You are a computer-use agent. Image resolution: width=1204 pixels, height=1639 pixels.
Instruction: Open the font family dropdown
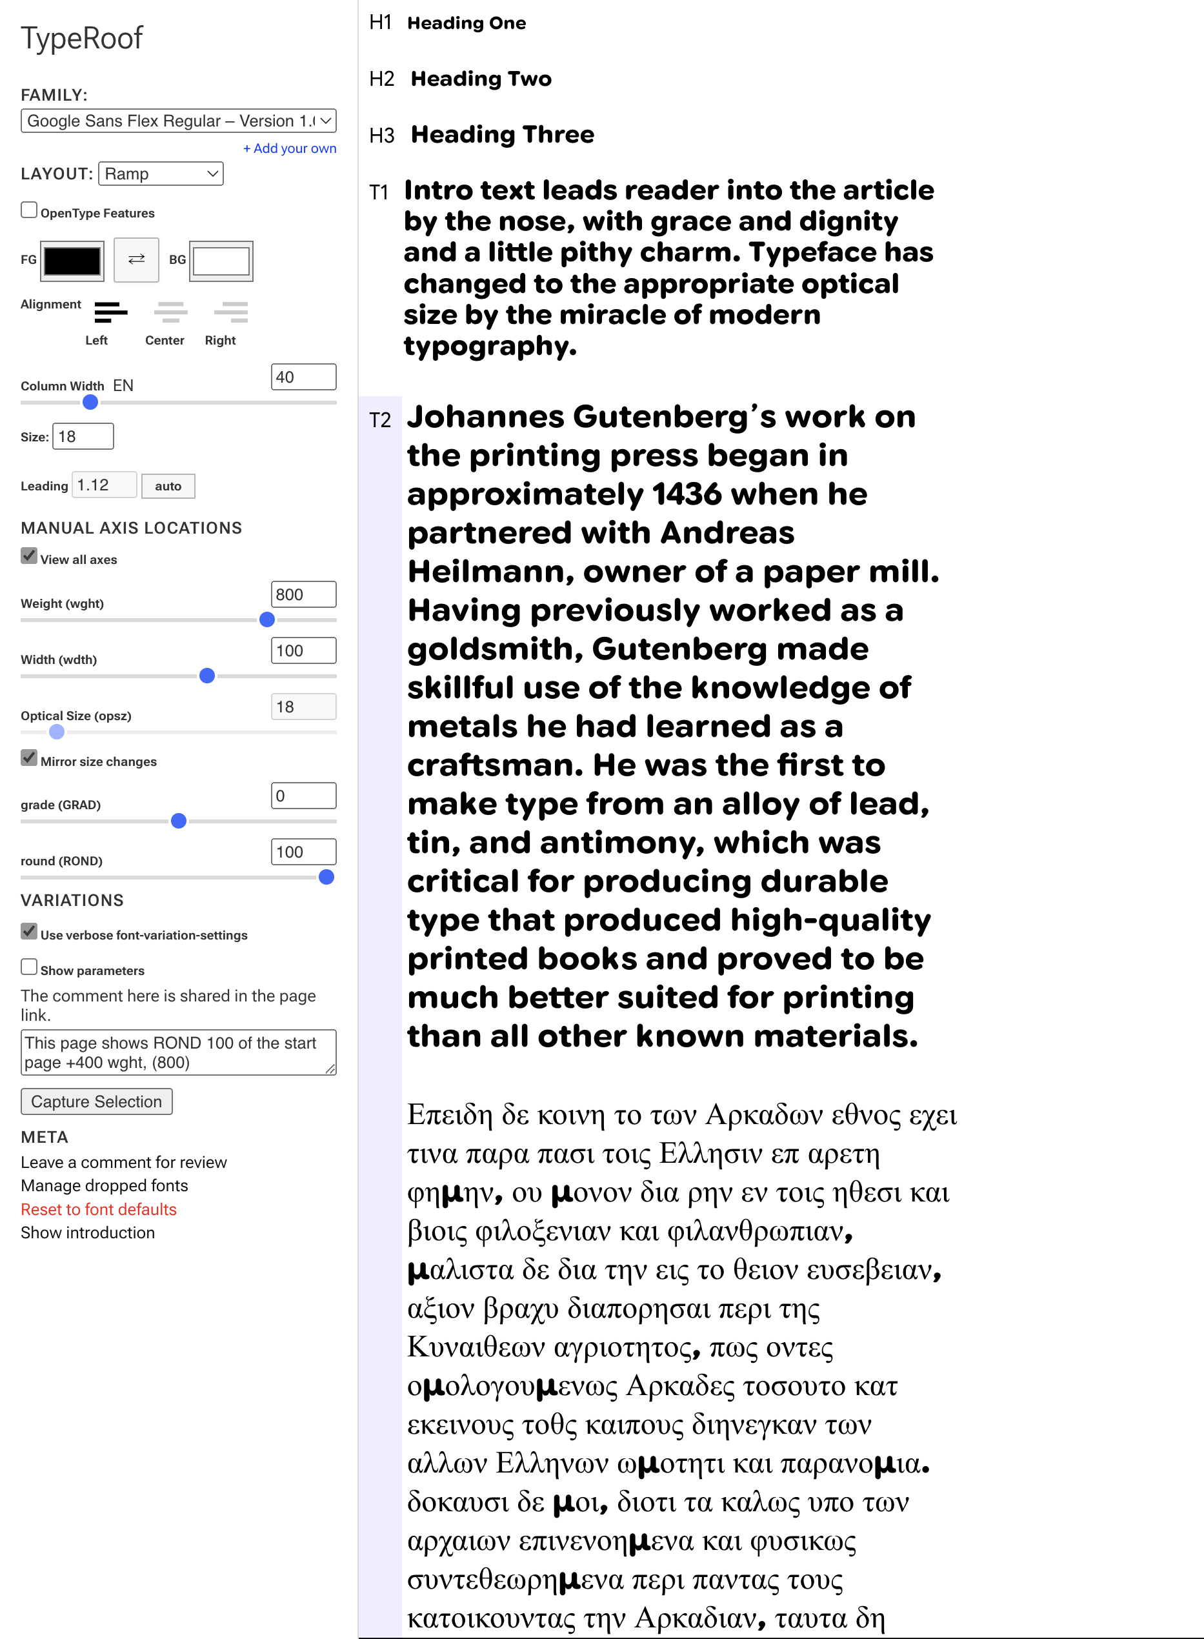(x=178, y=121)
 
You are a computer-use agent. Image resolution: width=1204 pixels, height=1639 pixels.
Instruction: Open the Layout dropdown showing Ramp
(x=160, y=174)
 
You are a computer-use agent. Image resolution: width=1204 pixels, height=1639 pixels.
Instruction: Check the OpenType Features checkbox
(x=29, y=210)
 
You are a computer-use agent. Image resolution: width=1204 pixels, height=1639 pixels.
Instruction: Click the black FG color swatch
(x=72, y=261)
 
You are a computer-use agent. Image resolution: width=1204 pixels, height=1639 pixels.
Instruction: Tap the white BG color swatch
(x=221, y=261)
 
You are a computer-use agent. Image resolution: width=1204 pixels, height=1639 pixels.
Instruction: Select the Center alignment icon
(x=170, y=313)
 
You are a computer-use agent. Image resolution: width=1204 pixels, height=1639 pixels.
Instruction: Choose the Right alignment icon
(x=230, y=313)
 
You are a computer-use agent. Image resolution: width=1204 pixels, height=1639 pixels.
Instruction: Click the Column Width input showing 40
(x=303, y=377)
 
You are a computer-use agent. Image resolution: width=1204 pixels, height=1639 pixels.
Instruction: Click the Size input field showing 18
(x=83, y=437)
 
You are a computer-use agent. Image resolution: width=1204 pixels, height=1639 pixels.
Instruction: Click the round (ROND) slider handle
(x=326, y=878)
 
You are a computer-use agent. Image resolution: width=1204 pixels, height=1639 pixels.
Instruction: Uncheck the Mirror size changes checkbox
(x=29, y=758)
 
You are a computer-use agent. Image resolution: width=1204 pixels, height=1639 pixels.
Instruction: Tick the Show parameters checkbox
(x=29, y=967)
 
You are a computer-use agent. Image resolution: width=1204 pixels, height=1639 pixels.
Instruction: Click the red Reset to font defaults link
(x=98, y=1209)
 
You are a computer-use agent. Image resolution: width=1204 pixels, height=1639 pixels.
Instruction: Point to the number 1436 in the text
(x=687, y=495)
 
